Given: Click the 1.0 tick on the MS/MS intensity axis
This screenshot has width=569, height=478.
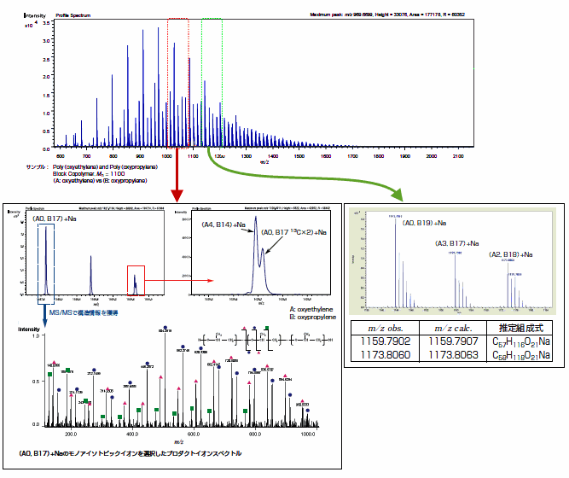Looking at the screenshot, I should [34, 335].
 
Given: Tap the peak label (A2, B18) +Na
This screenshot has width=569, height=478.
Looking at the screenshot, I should [510, 254].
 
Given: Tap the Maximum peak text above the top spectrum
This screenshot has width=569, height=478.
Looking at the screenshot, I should [393, 15].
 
